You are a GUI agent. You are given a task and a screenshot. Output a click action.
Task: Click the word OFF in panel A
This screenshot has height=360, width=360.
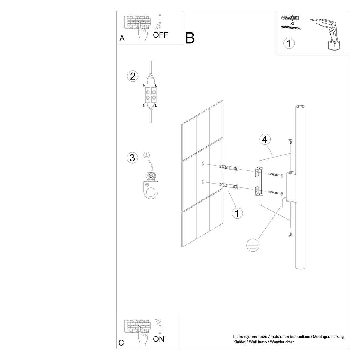(x=160, y=35)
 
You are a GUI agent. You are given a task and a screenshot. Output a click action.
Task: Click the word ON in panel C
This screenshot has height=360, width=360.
(x=159, y=339)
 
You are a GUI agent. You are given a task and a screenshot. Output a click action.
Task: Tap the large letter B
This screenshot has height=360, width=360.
(x=190, y=38)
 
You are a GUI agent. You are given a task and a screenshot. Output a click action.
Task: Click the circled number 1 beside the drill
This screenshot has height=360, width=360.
(x=289, y=43)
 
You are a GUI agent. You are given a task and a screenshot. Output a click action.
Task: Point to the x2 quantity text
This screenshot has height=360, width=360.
(x=292, y=23)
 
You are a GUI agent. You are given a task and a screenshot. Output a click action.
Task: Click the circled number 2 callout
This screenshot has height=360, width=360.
(x=133, y=76)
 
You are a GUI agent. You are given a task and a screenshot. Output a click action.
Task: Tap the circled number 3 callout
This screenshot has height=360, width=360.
(x=133, y=157)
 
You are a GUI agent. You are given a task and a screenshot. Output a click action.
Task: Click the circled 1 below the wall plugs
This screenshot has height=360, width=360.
(x=238, y=214)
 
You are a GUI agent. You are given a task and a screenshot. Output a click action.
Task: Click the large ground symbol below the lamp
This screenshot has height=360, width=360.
(x=253, y=245)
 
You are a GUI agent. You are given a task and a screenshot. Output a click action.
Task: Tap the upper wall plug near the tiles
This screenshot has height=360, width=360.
(x=229, y=168)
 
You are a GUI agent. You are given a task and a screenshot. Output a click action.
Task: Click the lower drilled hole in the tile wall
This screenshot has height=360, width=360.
(x=203, y=181)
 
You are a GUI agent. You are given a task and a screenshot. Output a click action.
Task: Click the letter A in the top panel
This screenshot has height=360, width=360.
(x=122, y=38)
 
